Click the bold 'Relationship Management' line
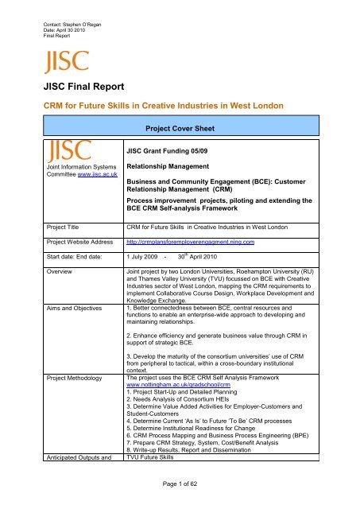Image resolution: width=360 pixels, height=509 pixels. [x=175, y=169]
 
